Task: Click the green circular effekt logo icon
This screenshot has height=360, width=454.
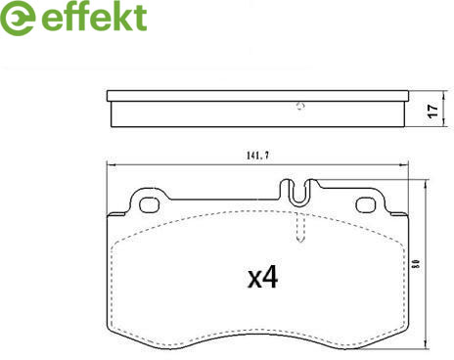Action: pyautogui.click(x=17, y=18)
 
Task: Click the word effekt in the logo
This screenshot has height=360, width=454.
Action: pyautogui.click(x=94, y=17)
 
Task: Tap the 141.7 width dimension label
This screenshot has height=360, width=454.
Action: pyautogui.click(x=257, y=156)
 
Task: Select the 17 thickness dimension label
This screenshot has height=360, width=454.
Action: pyautogui.click(x=432, y=111)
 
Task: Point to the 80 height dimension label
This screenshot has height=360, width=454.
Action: pyautogui.click(x=418, y=263)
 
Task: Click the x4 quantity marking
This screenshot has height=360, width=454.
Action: pyautogui.click(x=263, y=277)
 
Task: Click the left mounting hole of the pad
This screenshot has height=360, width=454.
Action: pyautogui.click(x=149, y=205)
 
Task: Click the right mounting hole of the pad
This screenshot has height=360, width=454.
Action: pyautogui.click(x=366, y=204)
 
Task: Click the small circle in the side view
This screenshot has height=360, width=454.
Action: pyautogui.click(x=300, y=106)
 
